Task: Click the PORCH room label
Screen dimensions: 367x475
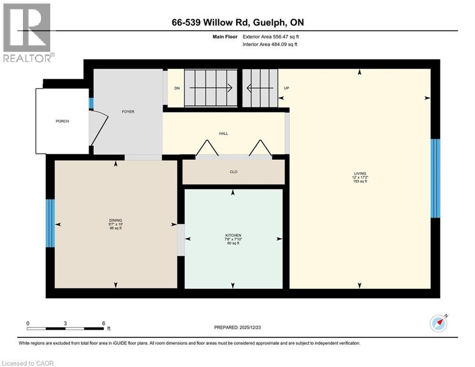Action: [62, 121]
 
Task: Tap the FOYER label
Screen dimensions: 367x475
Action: [128, 112]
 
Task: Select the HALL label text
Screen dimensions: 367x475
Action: [223, 134]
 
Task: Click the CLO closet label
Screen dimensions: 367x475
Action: [233, 172]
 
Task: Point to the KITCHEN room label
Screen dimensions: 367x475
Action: [233, 236]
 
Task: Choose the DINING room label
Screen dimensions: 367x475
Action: [116, 220]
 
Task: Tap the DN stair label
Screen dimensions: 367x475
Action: [177, 88]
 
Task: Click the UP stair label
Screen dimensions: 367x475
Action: [286, 88]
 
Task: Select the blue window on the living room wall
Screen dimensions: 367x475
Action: [435, 178]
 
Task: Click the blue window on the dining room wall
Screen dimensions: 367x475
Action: [50, 223]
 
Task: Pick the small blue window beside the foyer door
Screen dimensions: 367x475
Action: [91, 103]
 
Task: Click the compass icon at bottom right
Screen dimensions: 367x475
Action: [438, 324]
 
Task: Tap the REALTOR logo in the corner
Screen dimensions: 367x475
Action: [27, 32]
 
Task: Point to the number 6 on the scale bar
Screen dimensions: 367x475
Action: [103, 323]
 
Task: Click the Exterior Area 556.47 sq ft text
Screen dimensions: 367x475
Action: [271, 36]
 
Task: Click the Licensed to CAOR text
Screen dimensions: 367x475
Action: [28, 363]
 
